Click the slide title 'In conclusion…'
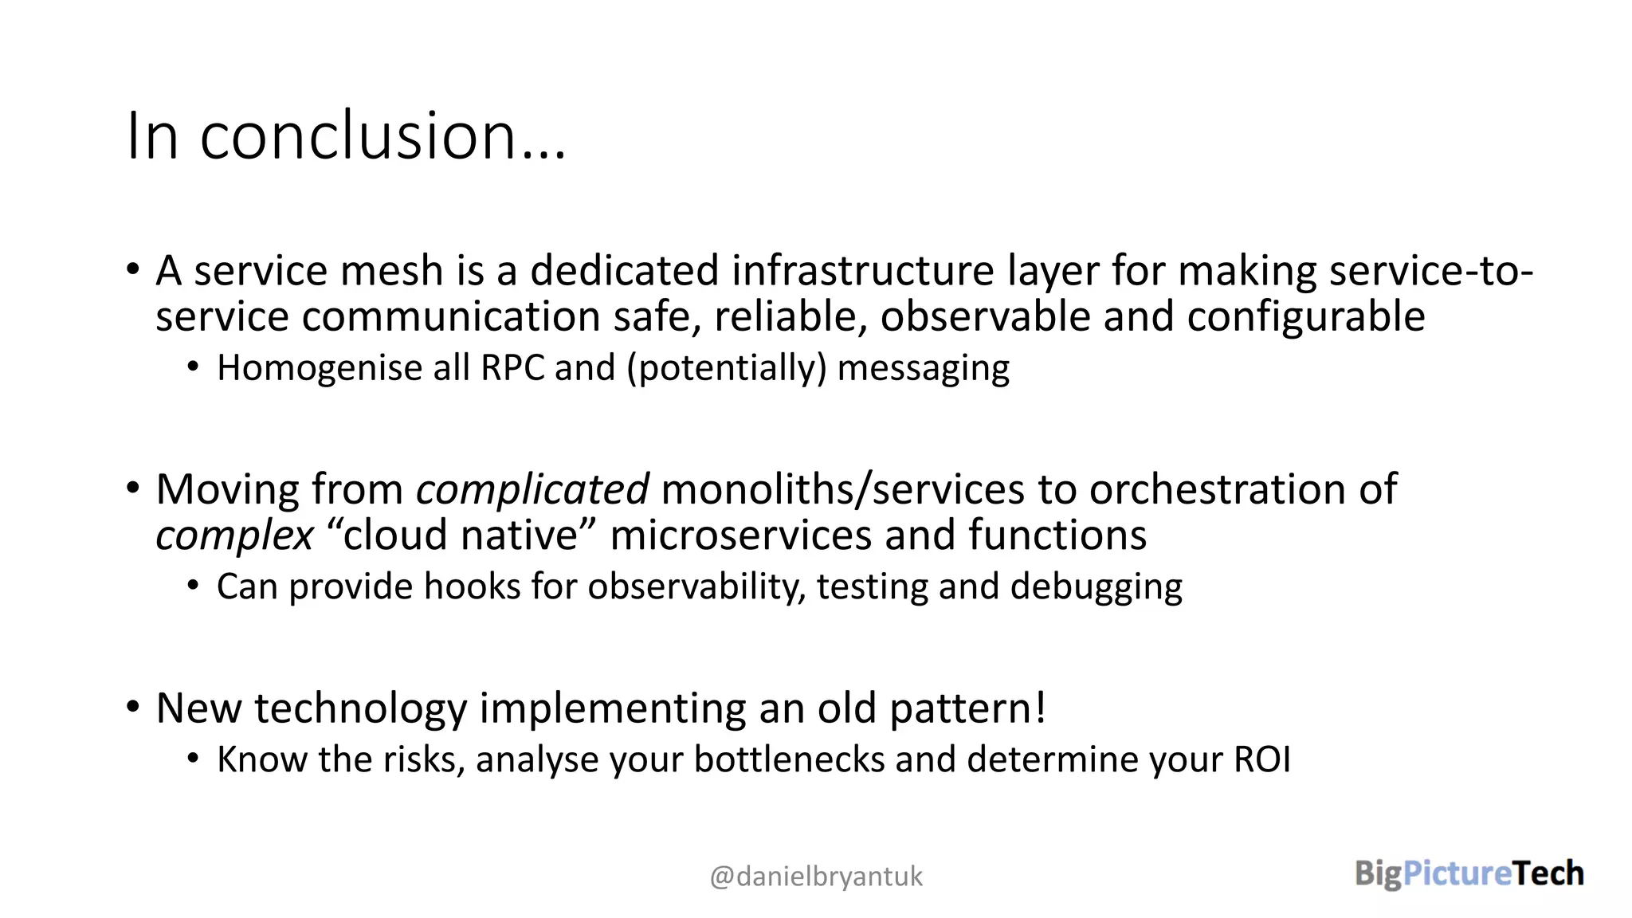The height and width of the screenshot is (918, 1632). (346, 136)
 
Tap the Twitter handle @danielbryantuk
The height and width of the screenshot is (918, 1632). (816, 877)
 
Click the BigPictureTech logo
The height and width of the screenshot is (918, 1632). (1469, 873)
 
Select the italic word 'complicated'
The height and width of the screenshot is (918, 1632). (532, 489)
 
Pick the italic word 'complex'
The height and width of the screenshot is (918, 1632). (234, 535)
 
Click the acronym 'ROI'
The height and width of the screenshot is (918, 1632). (1262, 759)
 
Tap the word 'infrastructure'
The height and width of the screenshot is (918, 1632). (863, 271)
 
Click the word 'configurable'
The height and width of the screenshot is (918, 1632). (1305, 317)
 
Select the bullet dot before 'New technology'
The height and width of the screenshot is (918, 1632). (133, 706)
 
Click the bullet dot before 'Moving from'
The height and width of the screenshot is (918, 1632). (133, 487)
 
